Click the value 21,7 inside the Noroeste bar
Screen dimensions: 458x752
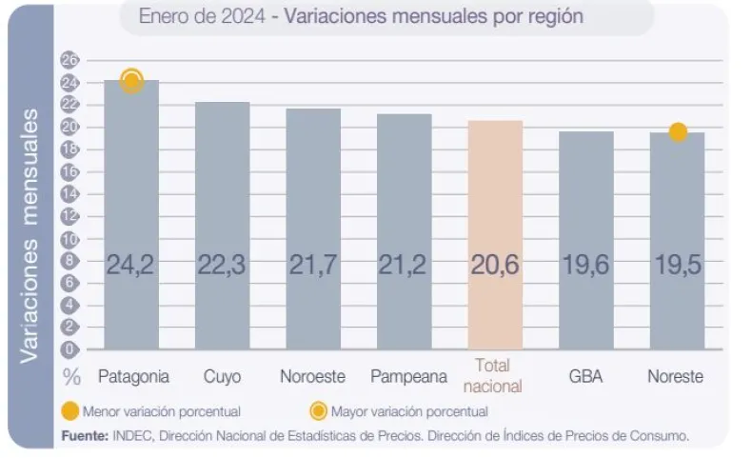pos(312,266)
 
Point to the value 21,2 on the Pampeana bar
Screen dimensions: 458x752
pos(404,266)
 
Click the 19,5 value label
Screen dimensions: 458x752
pos(677,266)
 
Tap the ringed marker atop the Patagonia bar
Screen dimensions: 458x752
pos(131,81)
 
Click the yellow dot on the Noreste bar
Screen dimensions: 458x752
pos(678,132)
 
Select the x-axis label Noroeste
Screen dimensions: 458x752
pos(312,376)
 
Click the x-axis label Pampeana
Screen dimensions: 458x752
pos(408,376)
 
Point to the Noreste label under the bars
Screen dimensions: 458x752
pos(675,376)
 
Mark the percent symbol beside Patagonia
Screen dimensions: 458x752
pos(71,376)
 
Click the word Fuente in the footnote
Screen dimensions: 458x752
pos(85,435)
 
